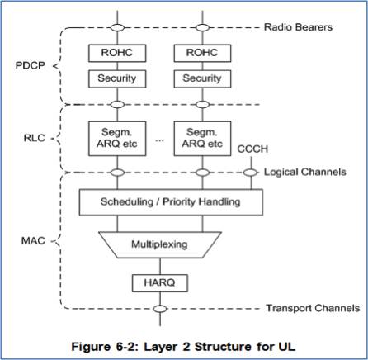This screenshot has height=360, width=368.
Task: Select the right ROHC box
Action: point(199,52)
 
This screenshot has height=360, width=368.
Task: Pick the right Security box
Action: point(199,80)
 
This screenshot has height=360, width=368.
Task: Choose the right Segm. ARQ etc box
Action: point(199,136)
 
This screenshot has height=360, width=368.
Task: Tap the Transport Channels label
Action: point(308,310)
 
